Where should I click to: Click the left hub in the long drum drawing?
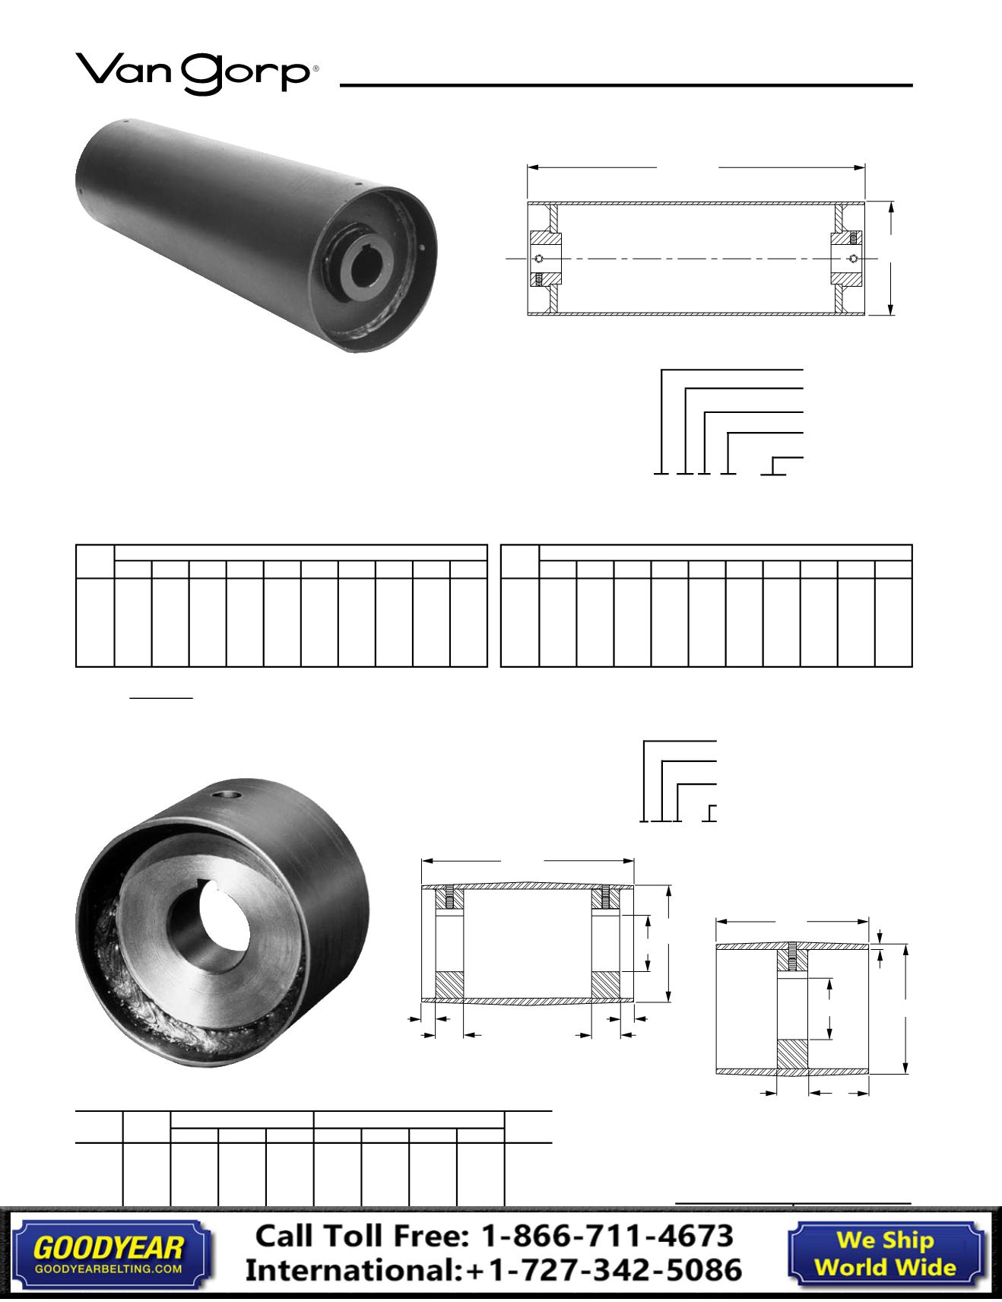(x=546, y=259)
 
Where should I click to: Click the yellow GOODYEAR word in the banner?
(x=109, y=1247)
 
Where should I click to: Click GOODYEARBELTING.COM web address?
(x=109, y=1269)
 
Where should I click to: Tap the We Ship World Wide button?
(x=885, y=1253)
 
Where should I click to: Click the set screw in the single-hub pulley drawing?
(x=791, y=957)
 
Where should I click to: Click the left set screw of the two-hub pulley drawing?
(x=449, y=897)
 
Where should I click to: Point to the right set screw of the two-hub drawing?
(x=605, y=897)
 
